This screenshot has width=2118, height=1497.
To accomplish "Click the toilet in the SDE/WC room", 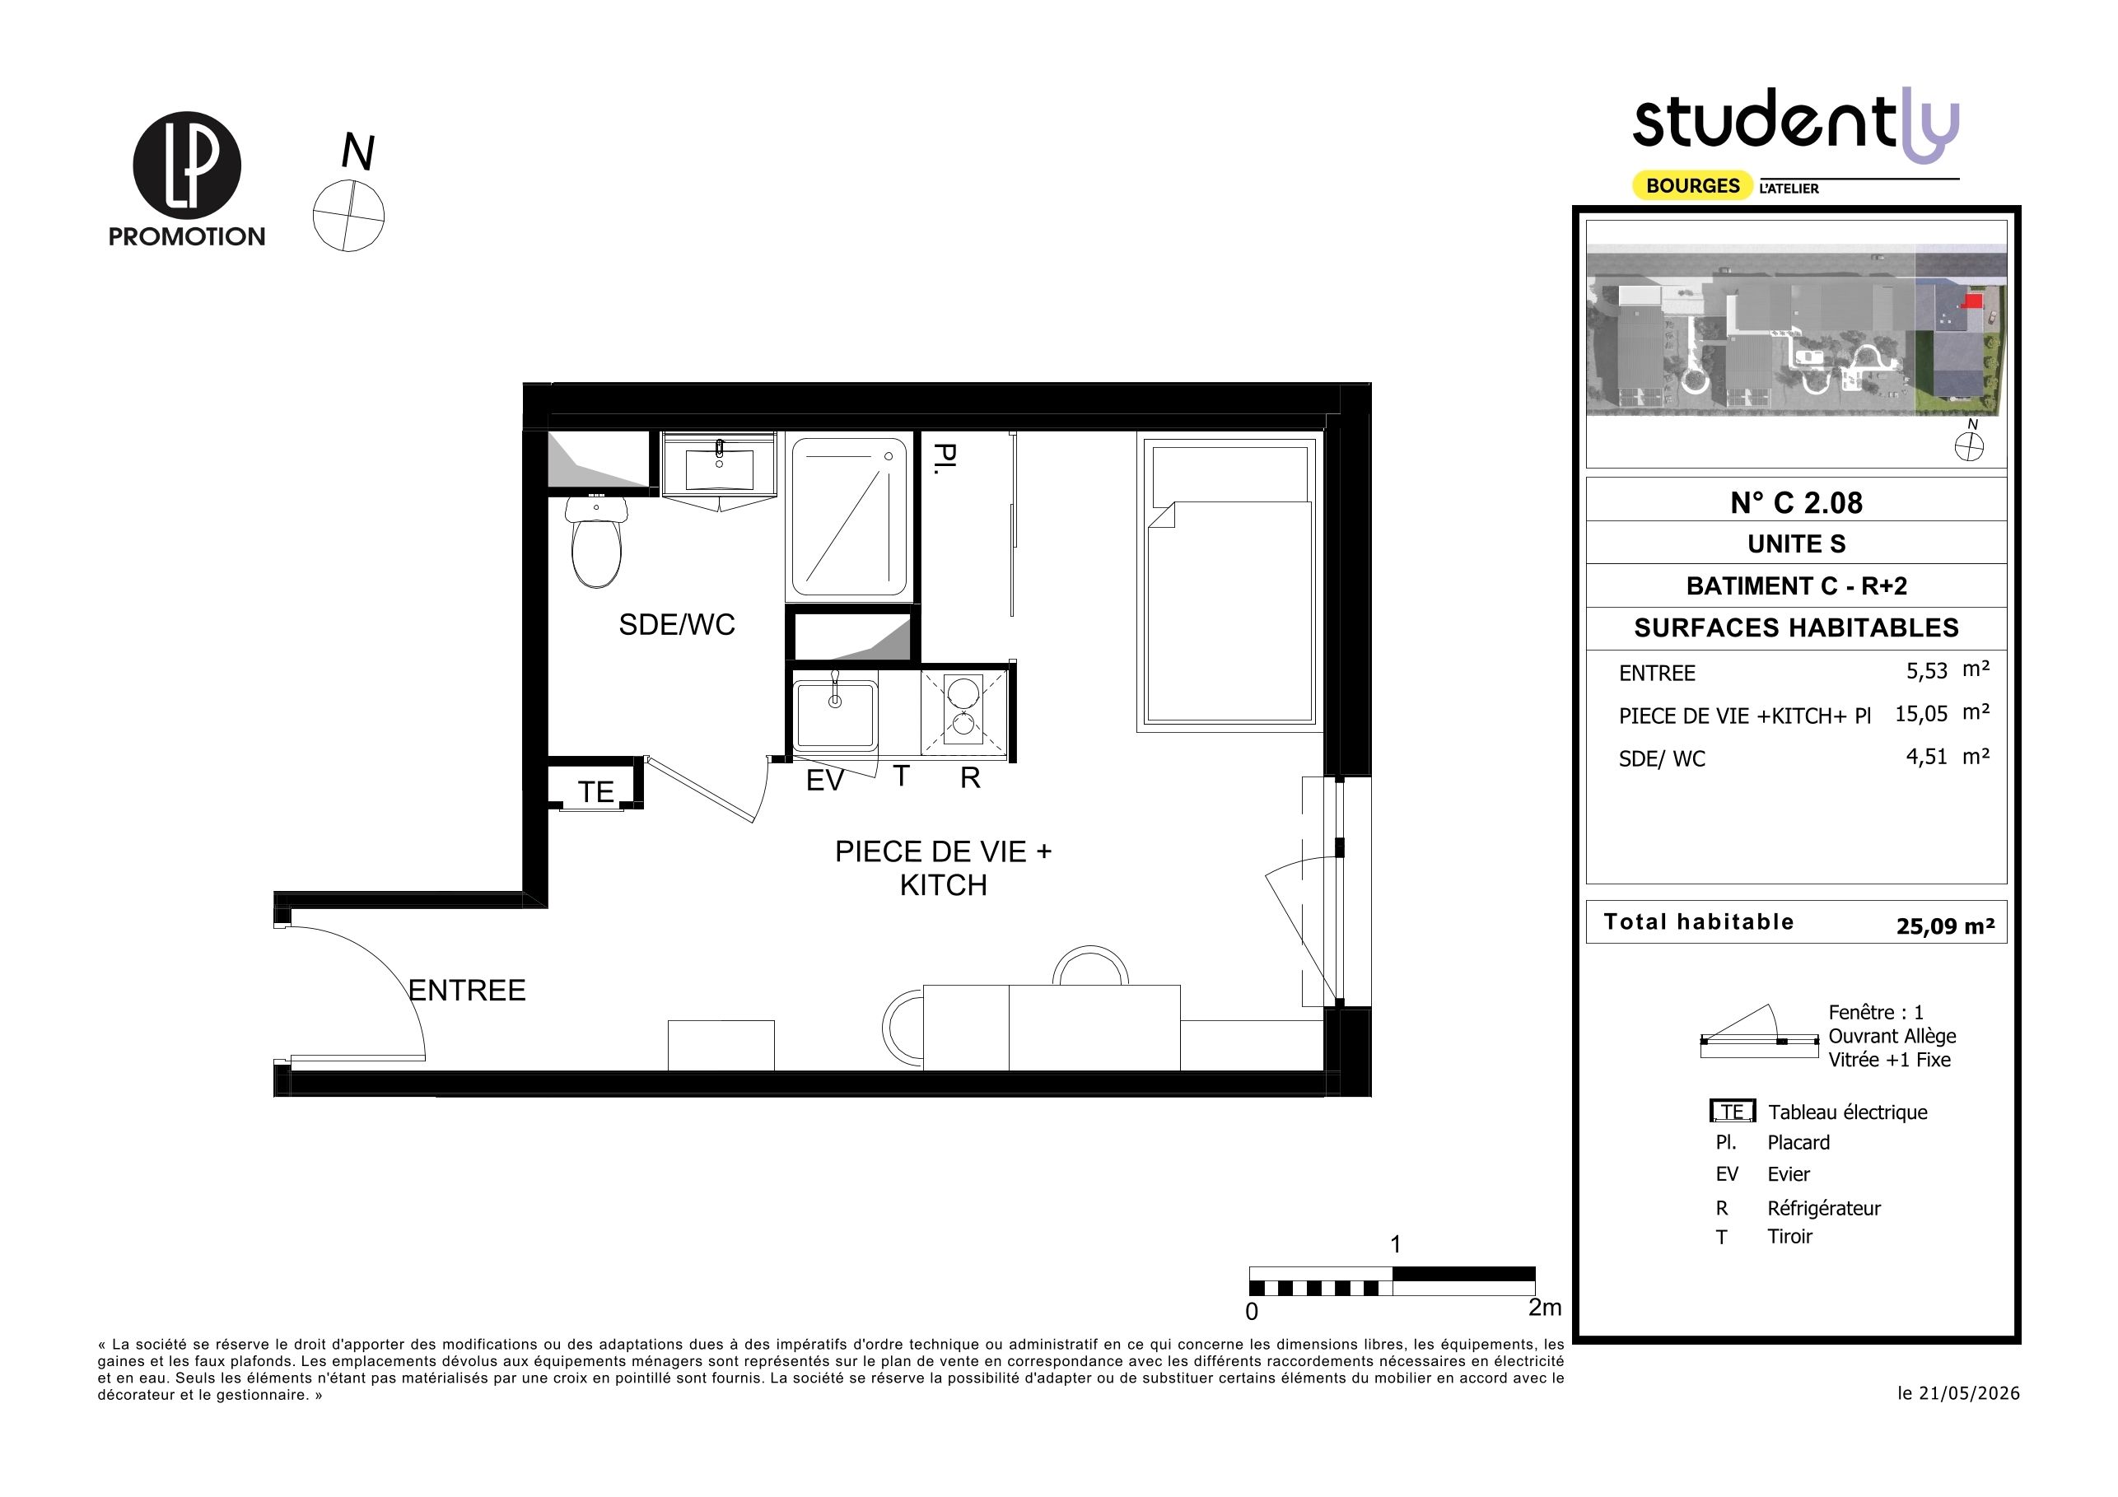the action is coord(596,543).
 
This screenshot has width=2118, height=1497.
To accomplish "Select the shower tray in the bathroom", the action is coord(850,517).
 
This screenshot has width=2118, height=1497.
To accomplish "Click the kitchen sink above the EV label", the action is coord(835,714).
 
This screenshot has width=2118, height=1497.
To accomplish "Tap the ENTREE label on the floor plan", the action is coord(467,991).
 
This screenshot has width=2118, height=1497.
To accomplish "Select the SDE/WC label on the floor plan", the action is coord(677,624).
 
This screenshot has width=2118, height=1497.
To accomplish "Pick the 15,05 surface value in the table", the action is coord(1921,713).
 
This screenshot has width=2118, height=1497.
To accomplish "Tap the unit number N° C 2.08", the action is coord(1796,502).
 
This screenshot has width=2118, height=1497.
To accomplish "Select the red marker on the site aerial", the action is coord(1971,301).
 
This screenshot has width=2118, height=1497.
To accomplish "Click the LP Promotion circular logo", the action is coord(187,166).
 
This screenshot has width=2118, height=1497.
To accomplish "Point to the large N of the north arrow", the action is coord(358,152).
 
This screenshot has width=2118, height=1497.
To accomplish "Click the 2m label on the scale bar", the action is coord(1545,1307).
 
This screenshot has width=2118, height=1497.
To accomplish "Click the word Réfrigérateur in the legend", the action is coord(1824,1207).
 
